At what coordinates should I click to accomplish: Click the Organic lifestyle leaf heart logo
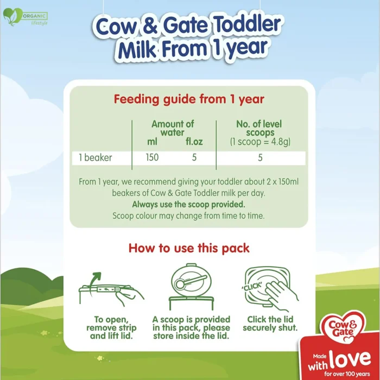[12, 17]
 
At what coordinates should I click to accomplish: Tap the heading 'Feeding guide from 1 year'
[189, 99]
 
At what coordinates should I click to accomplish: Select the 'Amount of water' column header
[173, 128]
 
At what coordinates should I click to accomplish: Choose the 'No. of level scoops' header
[259, 128]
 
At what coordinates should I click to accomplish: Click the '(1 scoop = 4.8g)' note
[259, 142]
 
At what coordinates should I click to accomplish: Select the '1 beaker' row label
[96, 158]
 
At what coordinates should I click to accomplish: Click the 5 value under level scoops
[259, 158]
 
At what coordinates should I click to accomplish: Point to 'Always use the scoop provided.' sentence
[188, 205]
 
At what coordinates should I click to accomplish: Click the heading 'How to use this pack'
[189, 249]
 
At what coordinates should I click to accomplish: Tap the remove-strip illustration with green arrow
[110, 287]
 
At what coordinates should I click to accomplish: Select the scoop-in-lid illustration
[191, 285]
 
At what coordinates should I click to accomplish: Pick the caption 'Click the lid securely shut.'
[270, 324]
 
